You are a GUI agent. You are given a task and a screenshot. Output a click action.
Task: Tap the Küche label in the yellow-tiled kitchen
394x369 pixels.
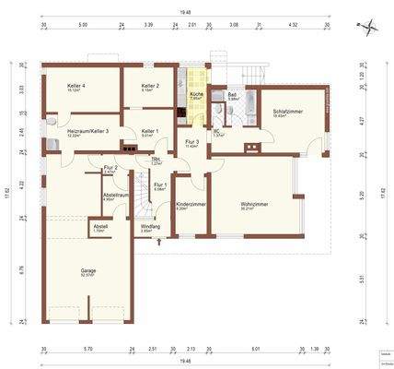click(x=196, y=95)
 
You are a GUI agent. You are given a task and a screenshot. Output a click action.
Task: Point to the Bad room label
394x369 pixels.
click(x=233, y=95)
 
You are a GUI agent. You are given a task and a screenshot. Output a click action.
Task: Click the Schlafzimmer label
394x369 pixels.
click(x=288, y=112)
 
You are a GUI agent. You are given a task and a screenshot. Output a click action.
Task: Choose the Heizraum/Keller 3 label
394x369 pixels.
click(x=88, y=132)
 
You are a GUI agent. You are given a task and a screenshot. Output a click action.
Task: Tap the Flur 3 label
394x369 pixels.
click(x=191, y=142)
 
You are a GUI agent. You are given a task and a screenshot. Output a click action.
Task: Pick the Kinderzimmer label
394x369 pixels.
click(x=191, y=204)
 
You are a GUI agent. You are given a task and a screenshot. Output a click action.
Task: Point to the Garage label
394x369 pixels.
click(x=88, y=271)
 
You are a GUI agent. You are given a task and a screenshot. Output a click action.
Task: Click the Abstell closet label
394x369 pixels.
click(x=99, y=226)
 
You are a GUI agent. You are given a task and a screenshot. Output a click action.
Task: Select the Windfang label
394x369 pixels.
click(x=150, y=226)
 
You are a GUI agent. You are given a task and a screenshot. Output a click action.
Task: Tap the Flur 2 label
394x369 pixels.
click(x=110, y=167)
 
